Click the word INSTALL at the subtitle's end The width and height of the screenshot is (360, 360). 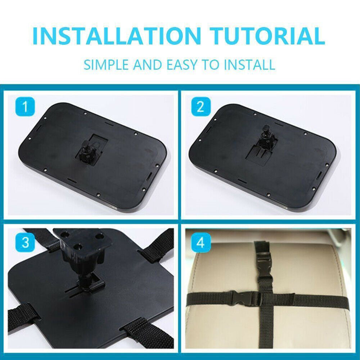249,64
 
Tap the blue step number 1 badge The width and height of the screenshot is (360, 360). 25,107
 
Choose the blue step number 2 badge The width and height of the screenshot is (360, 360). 201,107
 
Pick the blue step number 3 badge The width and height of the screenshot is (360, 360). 25,242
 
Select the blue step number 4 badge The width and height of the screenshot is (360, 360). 201,242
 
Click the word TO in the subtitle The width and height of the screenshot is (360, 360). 211,64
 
